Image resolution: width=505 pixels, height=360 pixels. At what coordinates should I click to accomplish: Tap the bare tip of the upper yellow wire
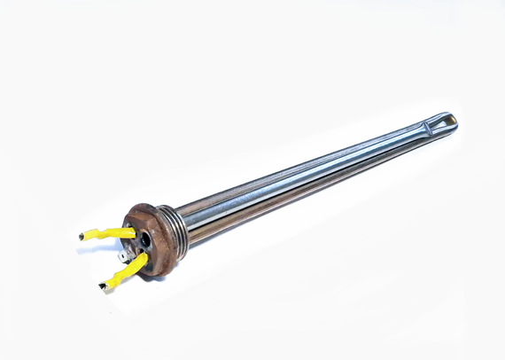click(x=82, y=236)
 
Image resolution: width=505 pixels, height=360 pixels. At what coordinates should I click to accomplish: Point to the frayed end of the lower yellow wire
click(x=104, y=286)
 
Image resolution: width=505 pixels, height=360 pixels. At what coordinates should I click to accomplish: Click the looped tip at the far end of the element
click(x=447, y=123)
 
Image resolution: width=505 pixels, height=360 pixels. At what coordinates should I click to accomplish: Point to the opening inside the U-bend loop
click(x=442, y=125)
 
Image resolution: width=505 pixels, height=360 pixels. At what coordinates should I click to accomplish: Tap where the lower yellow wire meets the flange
click(x=143, y=258)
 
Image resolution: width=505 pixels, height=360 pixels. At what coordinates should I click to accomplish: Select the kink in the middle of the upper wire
click(x=105, y=234)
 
